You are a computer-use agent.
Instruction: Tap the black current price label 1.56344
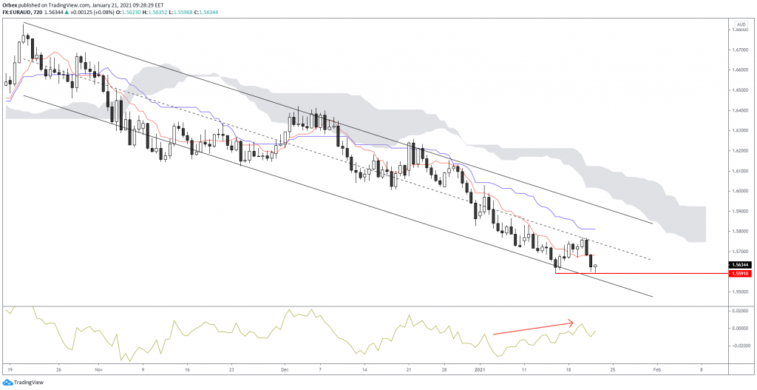click(x=739, y=264)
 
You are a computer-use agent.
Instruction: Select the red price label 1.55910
click(x=739, y=274)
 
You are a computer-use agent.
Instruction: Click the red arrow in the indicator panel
click(x=532, y=328)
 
